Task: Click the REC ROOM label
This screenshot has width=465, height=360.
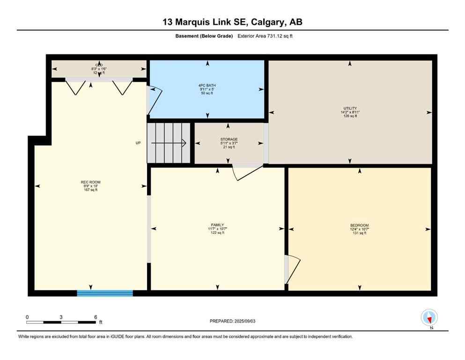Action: coord(90,182)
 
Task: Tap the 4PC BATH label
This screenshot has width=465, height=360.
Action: coord(207,85)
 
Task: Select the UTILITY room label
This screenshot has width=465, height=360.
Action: coord(350,108)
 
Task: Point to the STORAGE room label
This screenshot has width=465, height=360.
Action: coord(229,139)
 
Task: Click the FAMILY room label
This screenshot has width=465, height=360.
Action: coord(216,225)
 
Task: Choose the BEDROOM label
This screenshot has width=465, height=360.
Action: coord(359,225)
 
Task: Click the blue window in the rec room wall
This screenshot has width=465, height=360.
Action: coord(105,293)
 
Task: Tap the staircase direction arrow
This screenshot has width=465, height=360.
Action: coord(169,143)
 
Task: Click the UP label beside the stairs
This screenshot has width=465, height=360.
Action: coord(138,143)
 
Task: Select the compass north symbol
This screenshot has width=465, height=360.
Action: coord(429,318)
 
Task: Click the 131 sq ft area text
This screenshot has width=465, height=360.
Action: coord(359,233)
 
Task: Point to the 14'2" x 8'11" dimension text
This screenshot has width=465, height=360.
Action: coord(350,112)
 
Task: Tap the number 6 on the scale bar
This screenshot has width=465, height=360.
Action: coord(96,317)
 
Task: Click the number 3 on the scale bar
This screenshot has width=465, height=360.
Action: coord(61,317)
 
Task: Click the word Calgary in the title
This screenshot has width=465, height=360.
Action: coord(264,22)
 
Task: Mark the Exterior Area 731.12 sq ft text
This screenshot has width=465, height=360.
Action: coord(265,36)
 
